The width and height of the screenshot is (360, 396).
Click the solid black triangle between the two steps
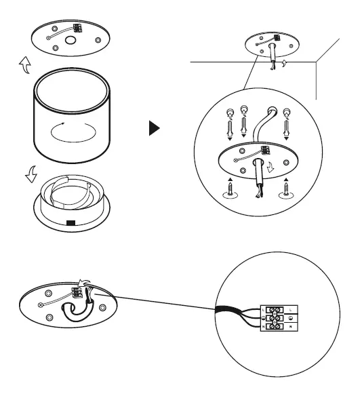click(x=155, y=128)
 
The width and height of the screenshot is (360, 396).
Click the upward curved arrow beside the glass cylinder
click(x=24, y=66)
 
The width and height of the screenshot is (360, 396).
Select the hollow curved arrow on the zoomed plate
click(x=271, y=167)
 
